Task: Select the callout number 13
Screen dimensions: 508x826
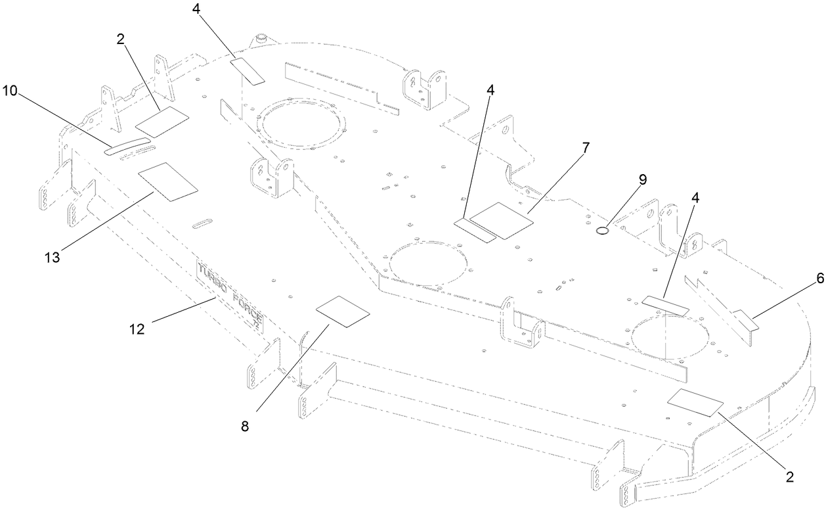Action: [x=53, y=258]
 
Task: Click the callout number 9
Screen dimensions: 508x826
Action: [x=642, y=179]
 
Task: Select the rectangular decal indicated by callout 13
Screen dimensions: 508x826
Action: [x=167, y=181]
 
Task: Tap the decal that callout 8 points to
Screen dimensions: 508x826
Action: [x=343, y=311]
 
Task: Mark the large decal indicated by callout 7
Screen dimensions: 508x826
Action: [x=502, y=220]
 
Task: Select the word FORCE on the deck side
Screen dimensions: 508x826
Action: [x=248, y=313]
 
